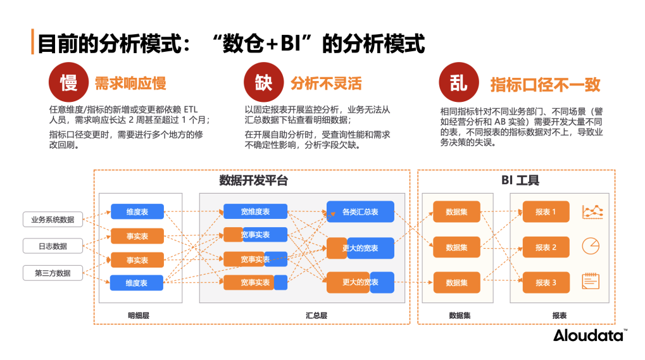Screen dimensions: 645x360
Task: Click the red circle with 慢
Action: coord(68,83)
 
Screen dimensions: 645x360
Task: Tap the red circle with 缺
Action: coord(263,83)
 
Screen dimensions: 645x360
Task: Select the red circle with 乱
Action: coord(458,83)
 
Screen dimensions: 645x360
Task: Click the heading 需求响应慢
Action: coord(130,84)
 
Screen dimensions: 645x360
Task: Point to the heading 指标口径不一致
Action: coord(545,85)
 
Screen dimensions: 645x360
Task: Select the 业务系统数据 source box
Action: coord(53,220)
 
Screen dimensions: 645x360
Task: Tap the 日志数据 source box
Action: coord(53,246)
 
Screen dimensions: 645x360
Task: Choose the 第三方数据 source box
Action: coord(53,273)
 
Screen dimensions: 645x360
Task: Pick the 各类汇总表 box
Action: coord(360,212)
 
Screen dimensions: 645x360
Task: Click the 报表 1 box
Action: coord(546,212)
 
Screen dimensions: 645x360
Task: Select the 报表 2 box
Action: coord(546,247)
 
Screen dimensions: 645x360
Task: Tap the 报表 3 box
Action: coord(546,282)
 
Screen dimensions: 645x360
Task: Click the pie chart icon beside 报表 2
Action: coord(591,246)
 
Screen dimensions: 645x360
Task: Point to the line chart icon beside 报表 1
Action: coord(592,211)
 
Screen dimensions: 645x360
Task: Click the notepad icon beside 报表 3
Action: coord(591,282)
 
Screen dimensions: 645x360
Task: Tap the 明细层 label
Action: coord(138,314)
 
